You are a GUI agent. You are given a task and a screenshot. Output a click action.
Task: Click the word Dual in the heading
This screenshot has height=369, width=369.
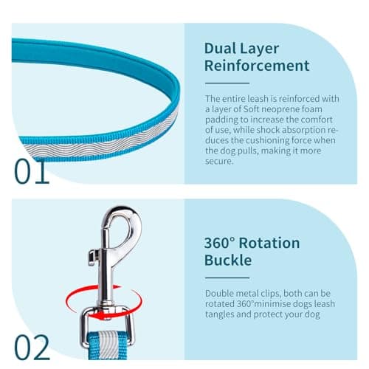pyautogui.click(x=220, y=48)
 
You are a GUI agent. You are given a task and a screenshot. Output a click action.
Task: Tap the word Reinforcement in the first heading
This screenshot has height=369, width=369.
pyautogui.click(x=257, y=66)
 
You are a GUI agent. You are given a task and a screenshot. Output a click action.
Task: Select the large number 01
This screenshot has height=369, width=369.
pyautogui.click(x=32, y=171)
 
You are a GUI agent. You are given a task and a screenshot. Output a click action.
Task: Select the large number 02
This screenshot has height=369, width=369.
pyautogui.click(x=32, y=348)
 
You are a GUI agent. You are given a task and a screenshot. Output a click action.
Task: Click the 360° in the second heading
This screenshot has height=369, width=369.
pyautogui.click(x=219, y=243)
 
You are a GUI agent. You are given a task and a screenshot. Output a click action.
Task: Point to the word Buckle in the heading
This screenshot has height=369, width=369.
pyautogui.click(x=228, y=260)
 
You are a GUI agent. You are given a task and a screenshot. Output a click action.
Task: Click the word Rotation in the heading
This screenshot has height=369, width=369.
pyautogui.click(x=269, y=243)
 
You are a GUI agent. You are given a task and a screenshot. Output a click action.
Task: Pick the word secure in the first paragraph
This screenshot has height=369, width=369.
pyautogui.click(x=218, y=162)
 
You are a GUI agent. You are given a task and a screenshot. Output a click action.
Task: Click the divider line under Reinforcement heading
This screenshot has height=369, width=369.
pyautogui.click(x=227, y=83)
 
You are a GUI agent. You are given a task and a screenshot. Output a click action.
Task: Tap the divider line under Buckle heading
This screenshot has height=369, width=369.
pyautogui.click(x=227, y=277)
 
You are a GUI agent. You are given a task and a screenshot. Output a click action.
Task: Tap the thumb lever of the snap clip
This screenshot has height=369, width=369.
pyautogui.click(x=94, y=257)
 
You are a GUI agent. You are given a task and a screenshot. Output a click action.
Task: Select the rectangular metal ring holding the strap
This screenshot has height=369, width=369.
pyautogui.click(x=108, y=327)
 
